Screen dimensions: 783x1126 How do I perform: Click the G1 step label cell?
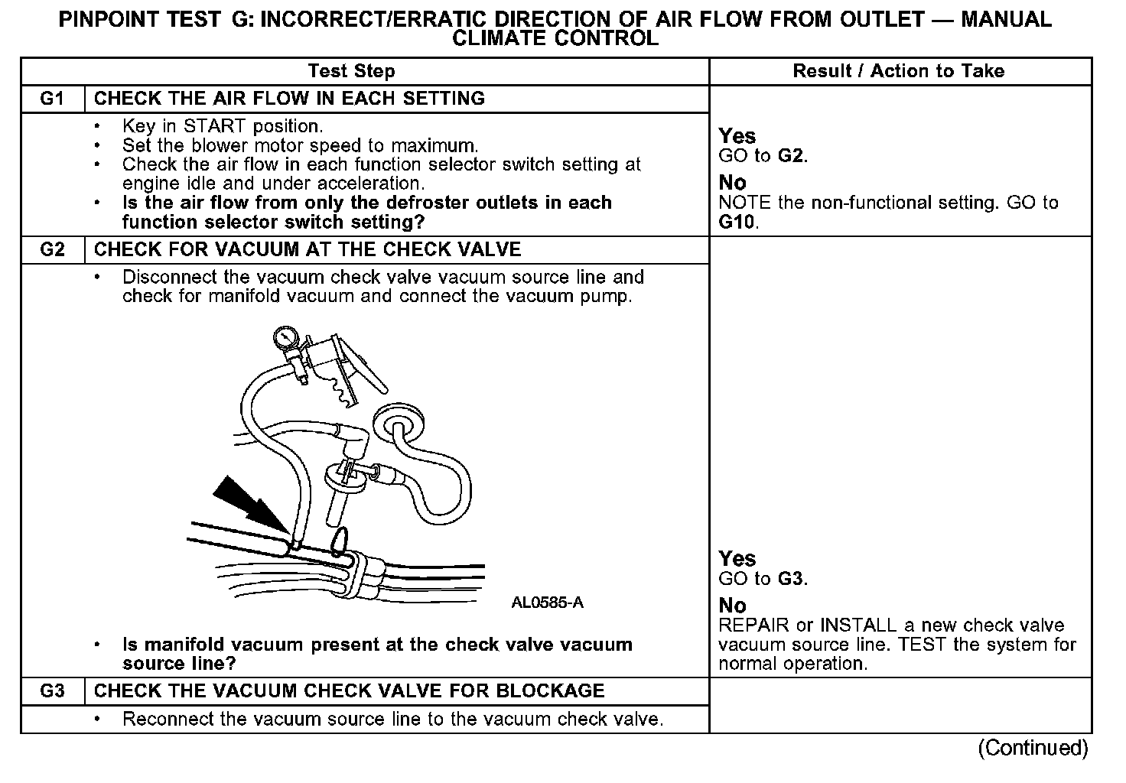tap(52, 99)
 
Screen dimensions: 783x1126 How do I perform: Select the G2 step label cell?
tap(52, 250)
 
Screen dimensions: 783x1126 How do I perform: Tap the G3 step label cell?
tap(52, 691)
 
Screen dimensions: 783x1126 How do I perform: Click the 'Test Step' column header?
tap(351, 71)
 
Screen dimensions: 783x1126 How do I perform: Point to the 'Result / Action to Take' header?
tap(899, 71)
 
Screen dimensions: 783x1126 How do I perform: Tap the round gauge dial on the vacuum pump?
tap(285, 336)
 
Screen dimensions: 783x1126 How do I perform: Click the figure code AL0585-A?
tap(547, 603)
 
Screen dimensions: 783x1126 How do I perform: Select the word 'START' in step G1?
tap(216, 126)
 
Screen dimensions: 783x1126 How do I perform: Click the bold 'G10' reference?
tap(737, 223)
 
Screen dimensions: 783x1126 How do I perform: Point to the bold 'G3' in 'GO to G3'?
tap(791, 579)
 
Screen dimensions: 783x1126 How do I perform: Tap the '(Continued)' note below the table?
tap(1033, 748)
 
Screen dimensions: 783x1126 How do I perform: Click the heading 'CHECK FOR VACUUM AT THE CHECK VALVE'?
tap(307, 250)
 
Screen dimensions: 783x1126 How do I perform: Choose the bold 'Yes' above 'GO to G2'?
tap(737, 136)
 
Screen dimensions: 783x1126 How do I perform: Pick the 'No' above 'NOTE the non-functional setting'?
tap(732, 183)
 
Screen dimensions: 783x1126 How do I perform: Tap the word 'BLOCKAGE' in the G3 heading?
tap(550, 691)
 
